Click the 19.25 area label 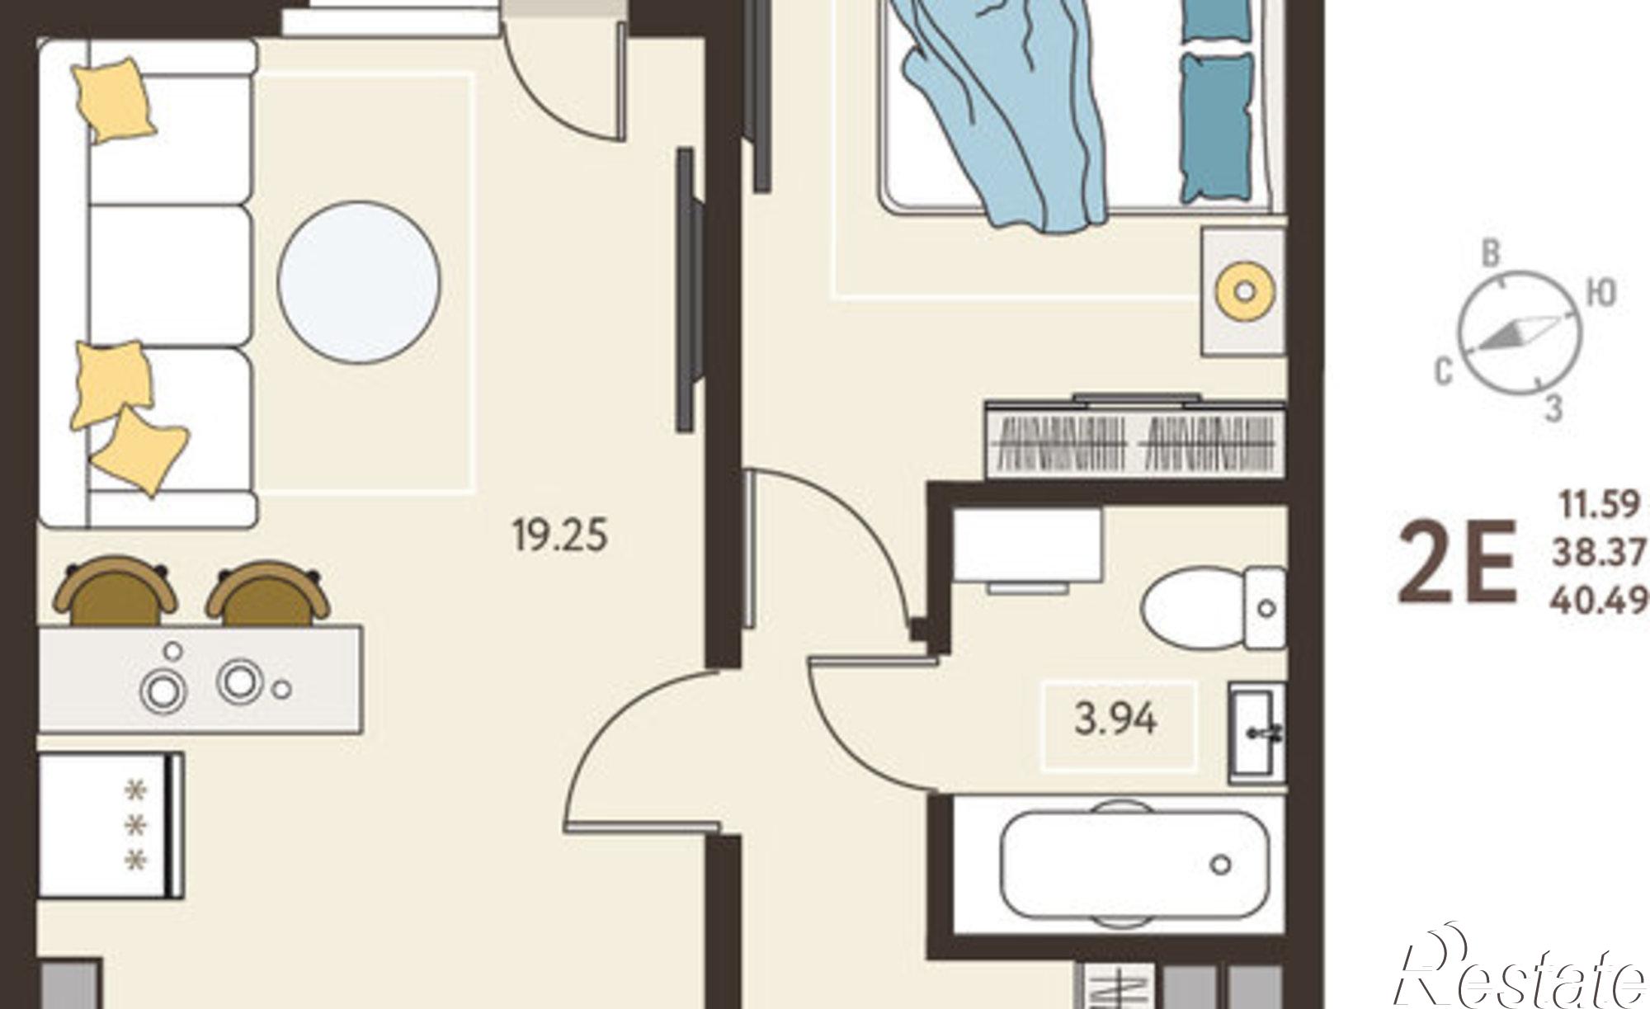pos(559,535)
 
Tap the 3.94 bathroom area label pos(1115,720)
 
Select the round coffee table pos(359,282)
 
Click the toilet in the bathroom pos(1213,609)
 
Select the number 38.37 pos(1600,553)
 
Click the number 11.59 pos(1600,504)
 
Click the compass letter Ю pos(1600,293)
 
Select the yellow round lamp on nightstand pos(1245,291)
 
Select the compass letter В pos(1490,254)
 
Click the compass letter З pos(1553,408)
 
